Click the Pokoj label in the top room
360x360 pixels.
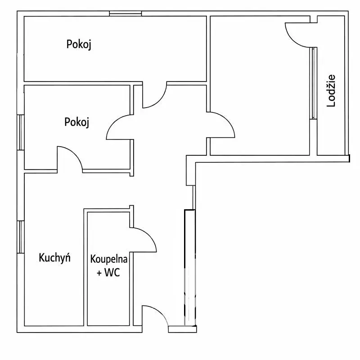pyautogui.click(x=79, y=44)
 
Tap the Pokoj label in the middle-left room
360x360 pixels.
pyautogui.click(x=76, y=122)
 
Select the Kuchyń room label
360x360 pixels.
pyautogui.click(x=54, y=257)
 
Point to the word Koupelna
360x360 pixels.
pyautogui.click(x=108, y=259)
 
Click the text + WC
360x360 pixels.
pyautogui.click(x=108, y=273)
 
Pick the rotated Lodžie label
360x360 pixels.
pyautogui.click(x=331, y=91)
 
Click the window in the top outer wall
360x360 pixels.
pyautogui.click(x=126, y=13)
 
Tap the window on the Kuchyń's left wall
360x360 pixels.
pyautogui.click(x=21, y=237)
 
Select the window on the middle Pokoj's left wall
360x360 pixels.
pyautogui.click(x=21, y=132)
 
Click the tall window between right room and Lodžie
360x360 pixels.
pyautogui.click(x=313, y=83)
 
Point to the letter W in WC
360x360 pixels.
pyautogui.click(x=109, y=273)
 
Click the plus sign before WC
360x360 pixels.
pyautogui.click(x=99, y=273)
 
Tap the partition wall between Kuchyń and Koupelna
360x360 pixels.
pyautogui.click(x=85, y=267)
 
